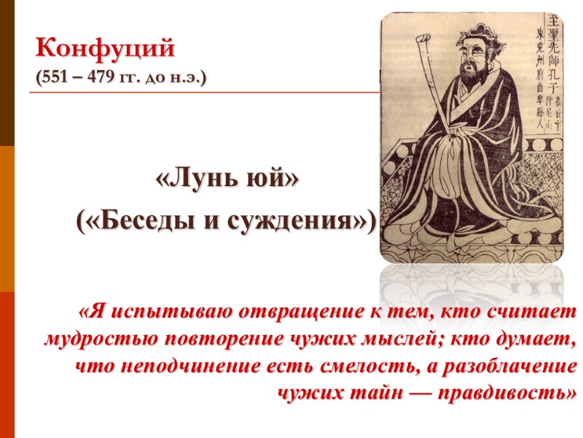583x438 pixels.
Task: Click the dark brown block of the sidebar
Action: point(7,73)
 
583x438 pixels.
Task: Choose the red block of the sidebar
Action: point(7,365)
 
